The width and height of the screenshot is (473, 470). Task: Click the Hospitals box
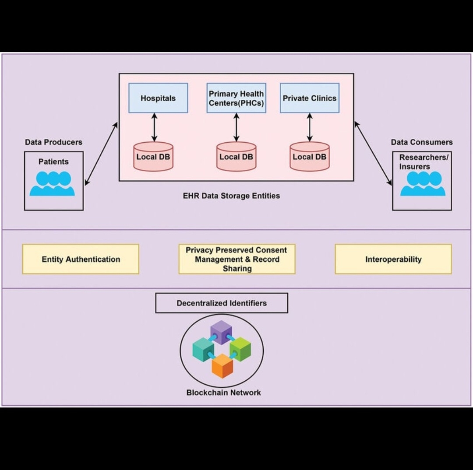tap(158, 98)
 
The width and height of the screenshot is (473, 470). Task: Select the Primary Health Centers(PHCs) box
tap(236, 98)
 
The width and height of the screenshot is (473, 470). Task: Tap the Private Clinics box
tap(310, 98)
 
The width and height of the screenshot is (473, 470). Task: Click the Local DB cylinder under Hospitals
tap(153, 157)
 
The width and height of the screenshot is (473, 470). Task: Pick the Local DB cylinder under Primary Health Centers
tap(236, 157)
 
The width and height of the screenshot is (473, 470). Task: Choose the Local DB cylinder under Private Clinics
tap(310, 157)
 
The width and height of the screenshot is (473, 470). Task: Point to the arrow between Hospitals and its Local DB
tap(154, 127)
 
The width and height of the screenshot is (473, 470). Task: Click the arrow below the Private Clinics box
tap(310, 127)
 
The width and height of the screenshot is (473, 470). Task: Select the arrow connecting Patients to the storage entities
tap(101, 154)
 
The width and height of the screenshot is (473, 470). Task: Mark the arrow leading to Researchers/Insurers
tap(373, 153)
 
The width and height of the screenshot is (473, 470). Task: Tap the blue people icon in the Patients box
tap(53, 183)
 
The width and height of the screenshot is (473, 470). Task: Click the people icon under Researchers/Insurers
tap(423, 183)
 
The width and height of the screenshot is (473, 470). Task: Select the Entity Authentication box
tap(81, 259)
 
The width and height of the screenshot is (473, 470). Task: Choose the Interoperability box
tap(393, 259)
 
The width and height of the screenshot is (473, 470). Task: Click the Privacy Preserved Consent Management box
tap(236, 259)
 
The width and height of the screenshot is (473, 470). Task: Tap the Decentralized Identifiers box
tap(222, 303)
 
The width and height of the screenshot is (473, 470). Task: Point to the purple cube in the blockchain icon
tap(221, 331)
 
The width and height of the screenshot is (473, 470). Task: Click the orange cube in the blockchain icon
tap(222, 366)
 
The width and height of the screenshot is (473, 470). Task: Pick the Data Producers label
tap(53, 142)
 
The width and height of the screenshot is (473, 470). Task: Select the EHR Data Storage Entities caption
tap(231, 196)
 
